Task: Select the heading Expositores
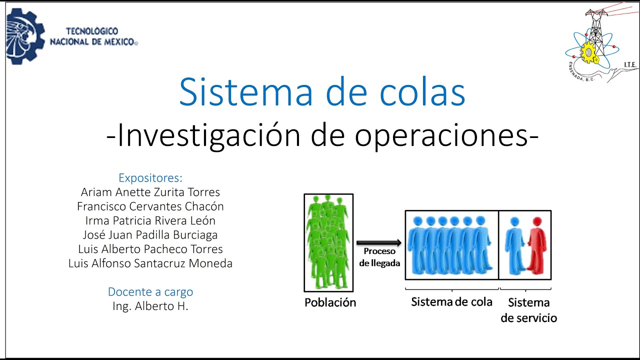coord(150,177)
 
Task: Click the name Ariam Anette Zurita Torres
coord(150,192)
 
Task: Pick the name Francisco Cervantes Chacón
coord(150,206)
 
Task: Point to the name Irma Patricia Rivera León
coord(150,220)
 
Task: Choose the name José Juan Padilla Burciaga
coord(150,234)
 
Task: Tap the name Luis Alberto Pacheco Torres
coord(150,249)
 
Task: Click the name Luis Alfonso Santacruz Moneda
coord(150,263)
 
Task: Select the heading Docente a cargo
coord(150,292)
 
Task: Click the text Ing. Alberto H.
coord(150,306)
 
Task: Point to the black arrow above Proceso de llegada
coord(379,243)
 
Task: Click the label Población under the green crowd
coord(330,302)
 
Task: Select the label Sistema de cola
coord(451,302)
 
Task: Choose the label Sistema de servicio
coord(528,310)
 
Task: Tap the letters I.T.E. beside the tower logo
coord(629,64)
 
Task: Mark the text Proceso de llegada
coord(379,257)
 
